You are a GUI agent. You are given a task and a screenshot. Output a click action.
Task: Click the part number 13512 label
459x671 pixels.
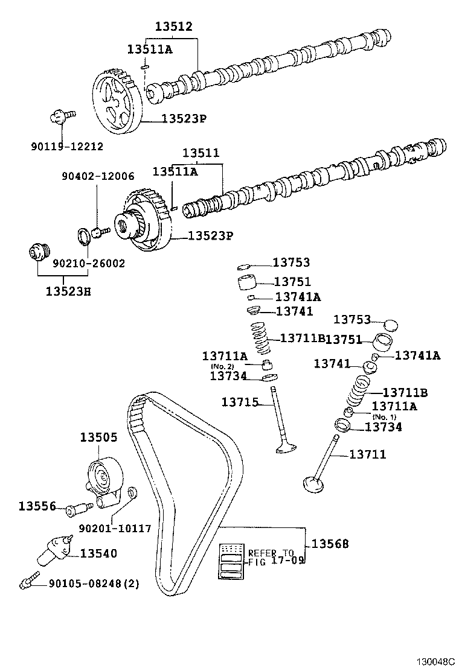(x=173, y=27)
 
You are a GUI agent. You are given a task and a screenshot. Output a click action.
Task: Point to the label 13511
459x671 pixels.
(x=201, y=153)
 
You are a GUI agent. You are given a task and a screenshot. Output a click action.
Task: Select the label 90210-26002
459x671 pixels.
(x=88, y=264)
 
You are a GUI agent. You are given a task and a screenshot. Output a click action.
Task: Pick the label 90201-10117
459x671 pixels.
(x=114, y=528)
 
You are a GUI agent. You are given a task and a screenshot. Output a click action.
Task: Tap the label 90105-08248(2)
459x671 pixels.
(x=93, y=584)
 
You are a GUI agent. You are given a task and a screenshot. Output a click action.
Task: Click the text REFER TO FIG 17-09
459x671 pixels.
(x=271, y=556)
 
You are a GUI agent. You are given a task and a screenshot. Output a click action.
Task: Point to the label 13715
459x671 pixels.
(x=240, y=401)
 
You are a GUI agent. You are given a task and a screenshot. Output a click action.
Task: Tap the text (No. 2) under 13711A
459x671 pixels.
(x=222, y=366)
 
